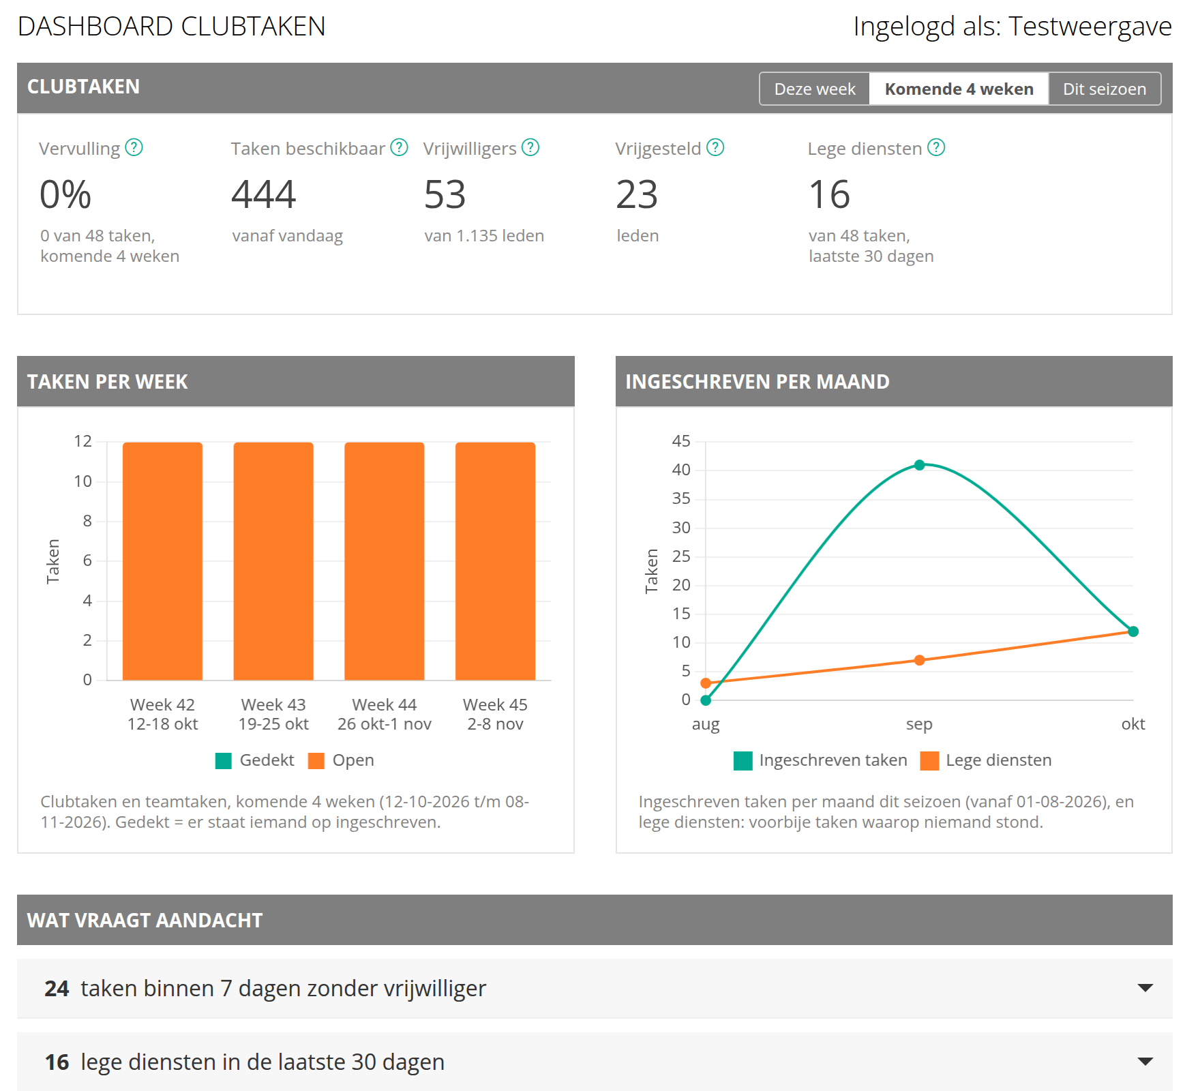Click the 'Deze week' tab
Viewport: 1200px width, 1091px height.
(815, 89)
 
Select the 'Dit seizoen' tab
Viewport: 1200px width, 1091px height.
(1105, 89)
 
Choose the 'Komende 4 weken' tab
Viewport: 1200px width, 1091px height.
(959, 89)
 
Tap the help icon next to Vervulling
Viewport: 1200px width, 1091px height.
(134, 147)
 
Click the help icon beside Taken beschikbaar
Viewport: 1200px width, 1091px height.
(399, 147)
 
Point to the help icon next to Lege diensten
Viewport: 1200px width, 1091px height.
(937, 147)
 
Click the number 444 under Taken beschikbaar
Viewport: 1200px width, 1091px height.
(264, 194)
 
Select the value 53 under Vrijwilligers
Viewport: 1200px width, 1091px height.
(445, 194)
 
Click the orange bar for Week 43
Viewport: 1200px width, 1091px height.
(273, 561)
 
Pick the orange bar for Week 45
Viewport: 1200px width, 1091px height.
(495, 561)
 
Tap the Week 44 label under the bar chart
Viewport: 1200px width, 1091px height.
(385, 714)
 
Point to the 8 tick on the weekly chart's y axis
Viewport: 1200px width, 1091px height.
(87, 521)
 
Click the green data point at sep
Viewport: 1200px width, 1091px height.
(919, 465)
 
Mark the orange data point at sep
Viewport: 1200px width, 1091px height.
(919, 660)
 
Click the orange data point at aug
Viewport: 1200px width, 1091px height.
(706, 683)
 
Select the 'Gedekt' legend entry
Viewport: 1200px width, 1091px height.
(255, 760)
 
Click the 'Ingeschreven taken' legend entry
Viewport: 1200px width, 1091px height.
(821, 760)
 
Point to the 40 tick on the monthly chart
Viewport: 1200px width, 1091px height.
(681, 470)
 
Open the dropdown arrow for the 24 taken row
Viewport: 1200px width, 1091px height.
(1145, 988)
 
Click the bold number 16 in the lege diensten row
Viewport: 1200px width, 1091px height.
(57, 1062)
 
